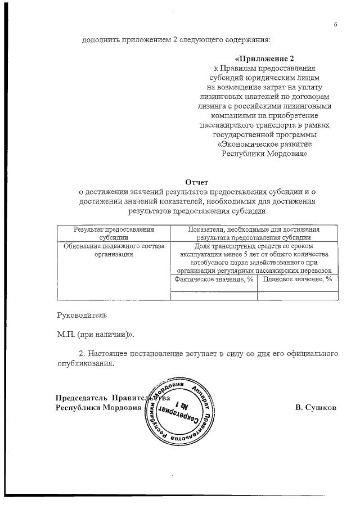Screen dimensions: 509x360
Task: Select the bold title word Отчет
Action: click(x=197, y=182)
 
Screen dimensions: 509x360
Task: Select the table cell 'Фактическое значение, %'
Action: click(x=213, y=279)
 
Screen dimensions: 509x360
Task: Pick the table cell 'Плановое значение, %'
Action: click(x=298, y=279)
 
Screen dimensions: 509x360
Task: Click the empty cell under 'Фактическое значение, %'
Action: click(x=213, y=295)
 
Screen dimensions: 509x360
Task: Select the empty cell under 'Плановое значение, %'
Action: click(x=298, y=295)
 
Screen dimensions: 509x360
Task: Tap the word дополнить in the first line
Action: click(x=99, y=40)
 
